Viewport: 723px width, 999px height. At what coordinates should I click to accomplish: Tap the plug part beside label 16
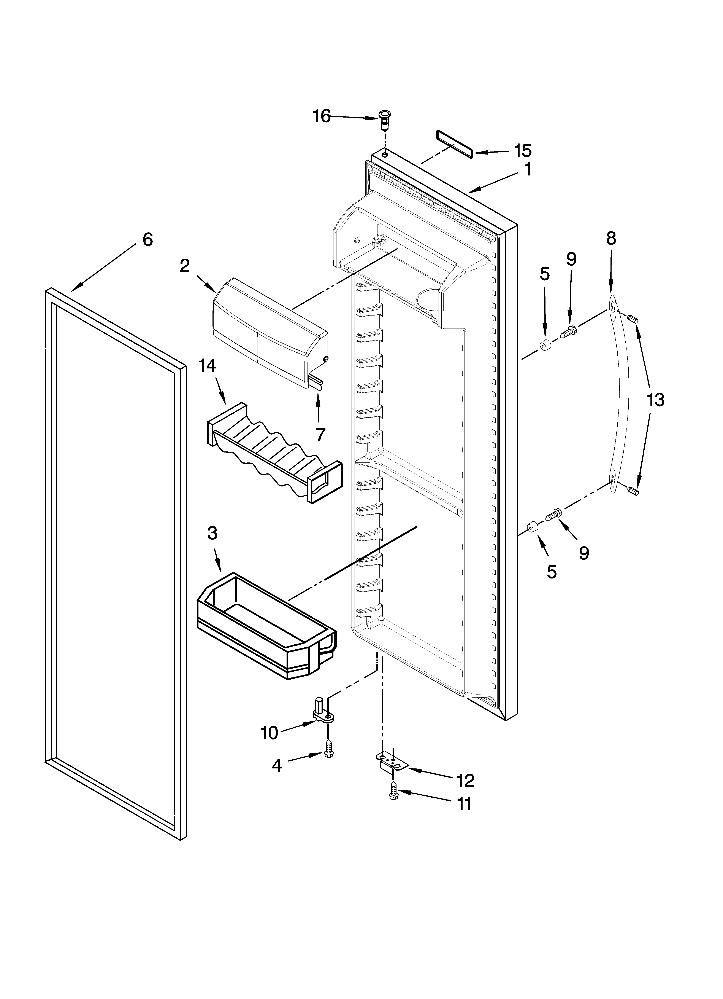point(384,120)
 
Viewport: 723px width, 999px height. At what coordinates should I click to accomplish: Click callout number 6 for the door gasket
point(147,240)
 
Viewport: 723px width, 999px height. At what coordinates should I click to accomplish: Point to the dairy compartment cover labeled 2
point(269,333)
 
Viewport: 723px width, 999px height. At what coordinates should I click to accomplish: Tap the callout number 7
point(320,435)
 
